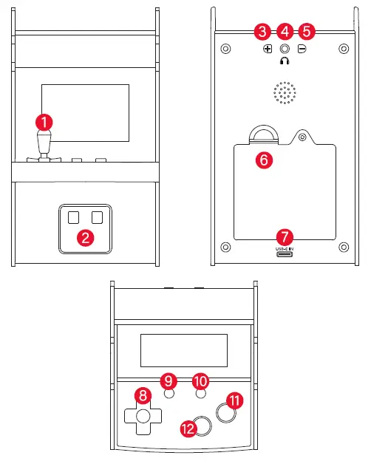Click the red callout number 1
click(x=46, y=120)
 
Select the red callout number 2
click(x=86, y=237)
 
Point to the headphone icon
click(x=285, y=62)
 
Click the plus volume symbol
click(x=268, y=49)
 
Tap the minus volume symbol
click(x=302, y=49)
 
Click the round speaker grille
click(x=285, y=92)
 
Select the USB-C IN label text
click(x=285, y=249)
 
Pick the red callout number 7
click(x=285, y=237)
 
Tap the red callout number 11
click(x=235, y=400)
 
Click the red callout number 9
click(x=169, y=380)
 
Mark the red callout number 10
click(x=200, y=380)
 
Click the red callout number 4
click(x=285, y=32)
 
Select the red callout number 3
click(x=262, y=32)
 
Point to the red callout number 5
click(x=307, y=32)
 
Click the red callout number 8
click(x=140, y=395)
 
